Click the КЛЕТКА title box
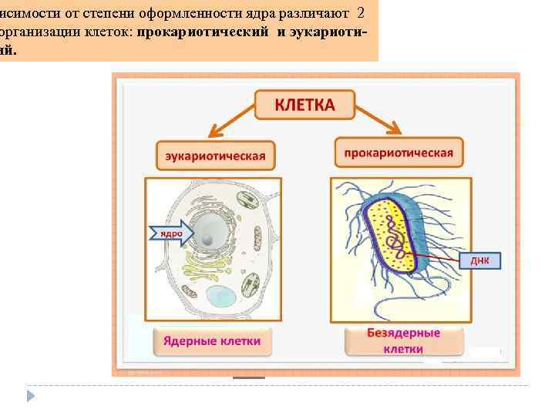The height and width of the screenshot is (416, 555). (x=304, y=105)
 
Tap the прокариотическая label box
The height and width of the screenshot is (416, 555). (x=399, y=152)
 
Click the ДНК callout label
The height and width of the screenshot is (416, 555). (x=479, y=260)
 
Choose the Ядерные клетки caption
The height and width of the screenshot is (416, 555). (x=212, y=340)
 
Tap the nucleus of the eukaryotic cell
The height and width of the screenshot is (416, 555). (x=209, y=232)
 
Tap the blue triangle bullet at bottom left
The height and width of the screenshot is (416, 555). (x=32, y=396)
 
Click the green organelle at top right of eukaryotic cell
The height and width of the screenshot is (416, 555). (x=249, y=201)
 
